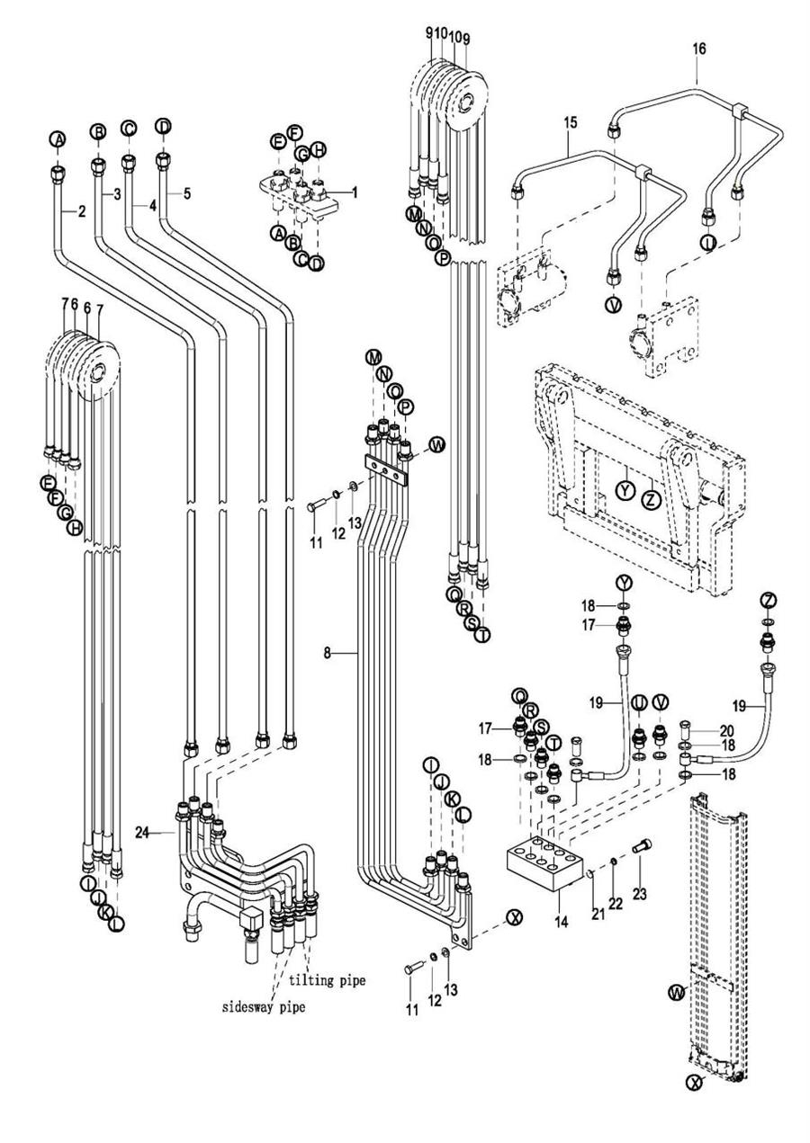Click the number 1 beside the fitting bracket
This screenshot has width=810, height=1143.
[x=355, y=192]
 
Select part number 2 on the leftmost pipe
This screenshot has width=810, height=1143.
[x=81, y=212]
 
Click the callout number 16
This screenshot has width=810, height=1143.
[x=698, y=49]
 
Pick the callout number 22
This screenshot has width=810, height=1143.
[x=616, y=903]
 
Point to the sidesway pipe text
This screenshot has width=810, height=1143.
[x=264, y=1007]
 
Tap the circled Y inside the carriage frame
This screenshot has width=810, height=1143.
[x=625, y=490]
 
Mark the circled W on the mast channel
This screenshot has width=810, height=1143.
[x=675, y=993]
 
